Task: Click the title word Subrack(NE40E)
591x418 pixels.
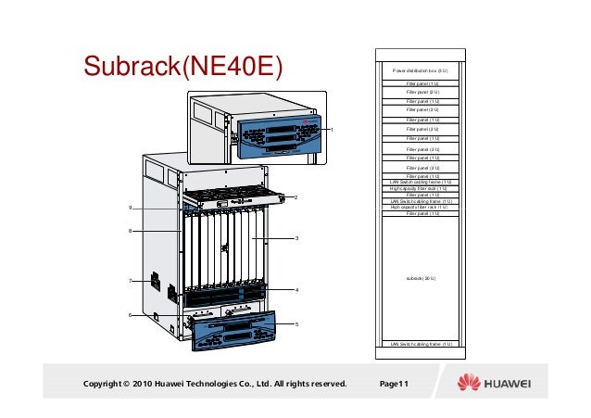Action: [182, 67]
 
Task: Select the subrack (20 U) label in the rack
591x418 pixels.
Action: [421, 277]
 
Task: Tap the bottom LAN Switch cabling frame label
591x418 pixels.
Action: [421, 344]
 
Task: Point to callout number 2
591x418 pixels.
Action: [295, 197]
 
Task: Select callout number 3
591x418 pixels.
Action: [295, 239]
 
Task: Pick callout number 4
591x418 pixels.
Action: [295, 290]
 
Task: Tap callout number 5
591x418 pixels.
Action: [295, 323]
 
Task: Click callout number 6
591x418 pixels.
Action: [131, 316]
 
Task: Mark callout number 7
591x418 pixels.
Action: [131, 280]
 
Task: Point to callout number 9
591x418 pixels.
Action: [131, 208]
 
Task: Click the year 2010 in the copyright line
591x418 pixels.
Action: [144, 384]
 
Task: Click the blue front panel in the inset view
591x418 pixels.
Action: [278, 136]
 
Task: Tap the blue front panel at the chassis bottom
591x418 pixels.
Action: [232, 328]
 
